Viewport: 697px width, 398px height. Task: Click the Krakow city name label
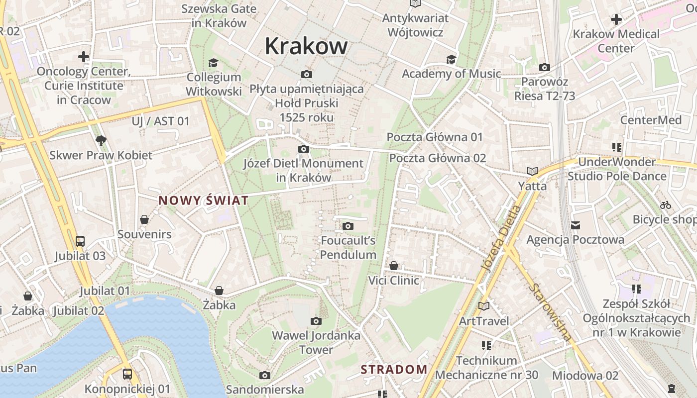[306, 46]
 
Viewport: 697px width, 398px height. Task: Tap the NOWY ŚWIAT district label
[203, 200]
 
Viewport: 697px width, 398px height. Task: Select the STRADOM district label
[394, 369]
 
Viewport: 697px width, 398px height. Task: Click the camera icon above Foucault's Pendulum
[348, 226]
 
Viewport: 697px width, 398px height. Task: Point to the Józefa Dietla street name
[501, 239]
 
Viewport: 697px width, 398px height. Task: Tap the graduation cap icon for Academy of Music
[451, 59]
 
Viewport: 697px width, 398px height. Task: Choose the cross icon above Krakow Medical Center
[616, 19]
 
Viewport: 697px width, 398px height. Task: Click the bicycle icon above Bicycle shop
[665, 205]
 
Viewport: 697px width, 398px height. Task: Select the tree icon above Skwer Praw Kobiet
[101, 140]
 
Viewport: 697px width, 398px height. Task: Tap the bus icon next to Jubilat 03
[80, 241]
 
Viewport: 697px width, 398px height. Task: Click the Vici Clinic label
[393, 280]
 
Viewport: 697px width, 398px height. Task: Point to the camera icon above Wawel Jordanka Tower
[316, 321]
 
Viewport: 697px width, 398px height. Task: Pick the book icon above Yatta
[532, 172]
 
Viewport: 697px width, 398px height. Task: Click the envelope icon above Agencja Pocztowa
[576, 225]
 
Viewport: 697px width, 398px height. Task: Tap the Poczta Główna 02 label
[438, 158]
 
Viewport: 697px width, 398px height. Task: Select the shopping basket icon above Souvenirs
[144, 219]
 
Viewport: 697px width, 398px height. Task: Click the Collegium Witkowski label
[214, 84]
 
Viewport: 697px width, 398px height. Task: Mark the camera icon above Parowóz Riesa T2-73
[545, 67]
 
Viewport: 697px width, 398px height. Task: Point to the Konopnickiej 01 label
[127, 389]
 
